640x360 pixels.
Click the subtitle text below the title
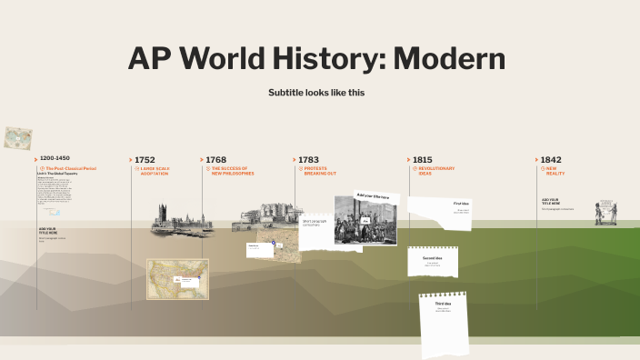pyautogui.click(x=316, y=93)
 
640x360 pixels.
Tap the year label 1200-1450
pyautogui.click(x=55, y=158)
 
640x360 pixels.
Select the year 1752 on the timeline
pyautogui.click(x=145, y=159)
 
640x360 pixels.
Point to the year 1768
pyautogui.click(x=215, y=159)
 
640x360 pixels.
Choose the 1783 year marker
pyautogui.click(x=308, y=159)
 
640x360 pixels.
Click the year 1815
pyautogui.click(x=422, y=159)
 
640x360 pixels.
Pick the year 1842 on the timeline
pyautogui.click(x=551, y=159)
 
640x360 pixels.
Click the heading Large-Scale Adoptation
pyautogui.click(x=155, y=171)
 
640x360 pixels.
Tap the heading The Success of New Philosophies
pyautogui.click(x=232, y=171)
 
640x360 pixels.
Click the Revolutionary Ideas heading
pyautogui.click(x=436, y=171)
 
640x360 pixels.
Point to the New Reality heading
pyautogui.click(x=555, y=171)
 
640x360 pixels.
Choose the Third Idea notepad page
pyautogui.click(x=443, y=324)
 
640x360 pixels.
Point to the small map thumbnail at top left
pyautogui.click(x=14, y=137)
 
